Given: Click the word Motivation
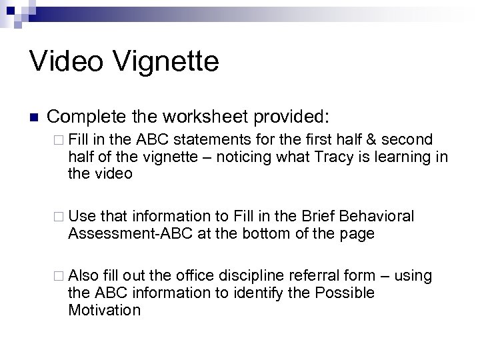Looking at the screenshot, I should tap(104, 310).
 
